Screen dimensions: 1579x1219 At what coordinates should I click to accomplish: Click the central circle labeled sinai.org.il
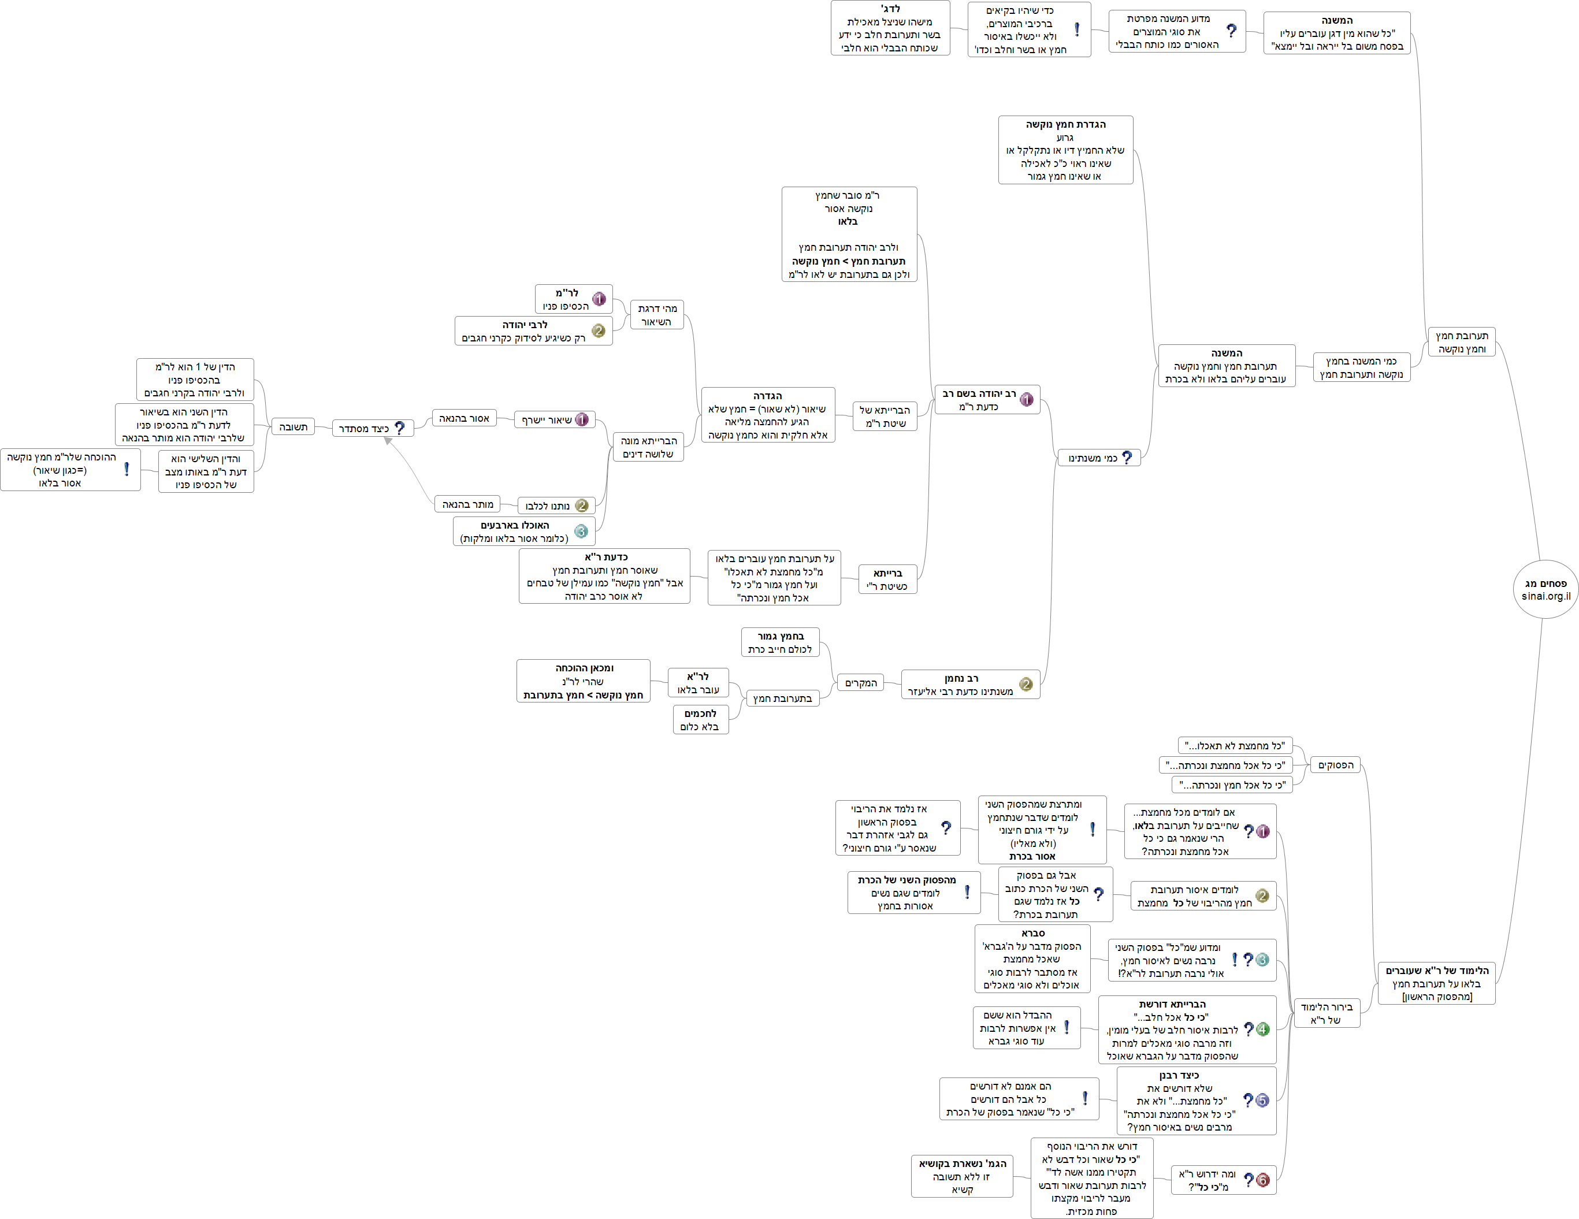(1545, 589)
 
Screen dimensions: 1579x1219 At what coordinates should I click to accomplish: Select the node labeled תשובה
(293, 426)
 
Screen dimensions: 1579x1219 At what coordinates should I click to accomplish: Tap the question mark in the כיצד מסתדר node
(400, 428)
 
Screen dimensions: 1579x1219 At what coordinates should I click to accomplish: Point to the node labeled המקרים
(860, 682)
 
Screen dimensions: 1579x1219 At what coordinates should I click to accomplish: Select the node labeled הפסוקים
(1335, 765)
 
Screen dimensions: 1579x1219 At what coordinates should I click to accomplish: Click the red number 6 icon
(1262, 1180)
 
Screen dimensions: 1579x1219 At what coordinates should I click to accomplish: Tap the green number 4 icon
(1262, 1030)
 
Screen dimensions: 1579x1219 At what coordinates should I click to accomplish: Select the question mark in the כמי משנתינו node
(1127, 458)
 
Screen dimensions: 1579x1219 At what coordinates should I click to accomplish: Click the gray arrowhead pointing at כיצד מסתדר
(388, 440)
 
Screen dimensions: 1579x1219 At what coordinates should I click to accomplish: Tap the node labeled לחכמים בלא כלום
(700, 720)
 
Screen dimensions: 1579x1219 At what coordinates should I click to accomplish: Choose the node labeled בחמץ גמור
(780, 642)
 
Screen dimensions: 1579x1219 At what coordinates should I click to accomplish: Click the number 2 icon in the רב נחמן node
(1025, 684)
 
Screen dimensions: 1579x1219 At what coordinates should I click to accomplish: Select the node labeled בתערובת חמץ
(782, 698)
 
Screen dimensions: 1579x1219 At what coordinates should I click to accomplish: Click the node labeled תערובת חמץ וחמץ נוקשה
(1461, 342)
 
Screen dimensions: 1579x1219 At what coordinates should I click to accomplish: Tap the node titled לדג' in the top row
(890, 28)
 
